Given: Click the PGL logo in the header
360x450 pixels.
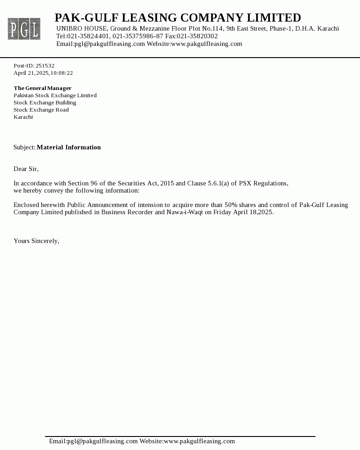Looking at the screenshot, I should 24,29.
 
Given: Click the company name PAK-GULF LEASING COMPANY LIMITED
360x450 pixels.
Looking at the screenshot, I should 178,18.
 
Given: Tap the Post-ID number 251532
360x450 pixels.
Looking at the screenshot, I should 45,66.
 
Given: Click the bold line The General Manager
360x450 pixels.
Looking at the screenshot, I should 42,88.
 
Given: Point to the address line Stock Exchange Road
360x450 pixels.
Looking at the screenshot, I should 41,110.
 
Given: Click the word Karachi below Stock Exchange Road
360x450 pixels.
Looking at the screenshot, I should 23,117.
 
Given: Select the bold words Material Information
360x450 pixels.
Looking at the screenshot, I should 69,148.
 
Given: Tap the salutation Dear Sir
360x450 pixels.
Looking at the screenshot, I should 26,169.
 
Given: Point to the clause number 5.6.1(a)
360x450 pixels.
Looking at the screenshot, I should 218,184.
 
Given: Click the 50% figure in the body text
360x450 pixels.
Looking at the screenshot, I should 231,205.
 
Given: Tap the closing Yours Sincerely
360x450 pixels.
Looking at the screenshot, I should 36,241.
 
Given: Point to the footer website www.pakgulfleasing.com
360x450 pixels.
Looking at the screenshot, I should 199,441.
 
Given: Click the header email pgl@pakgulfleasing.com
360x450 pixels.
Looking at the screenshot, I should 109,44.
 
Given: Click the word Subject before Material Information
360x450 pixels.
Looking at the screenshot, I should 24,148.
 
